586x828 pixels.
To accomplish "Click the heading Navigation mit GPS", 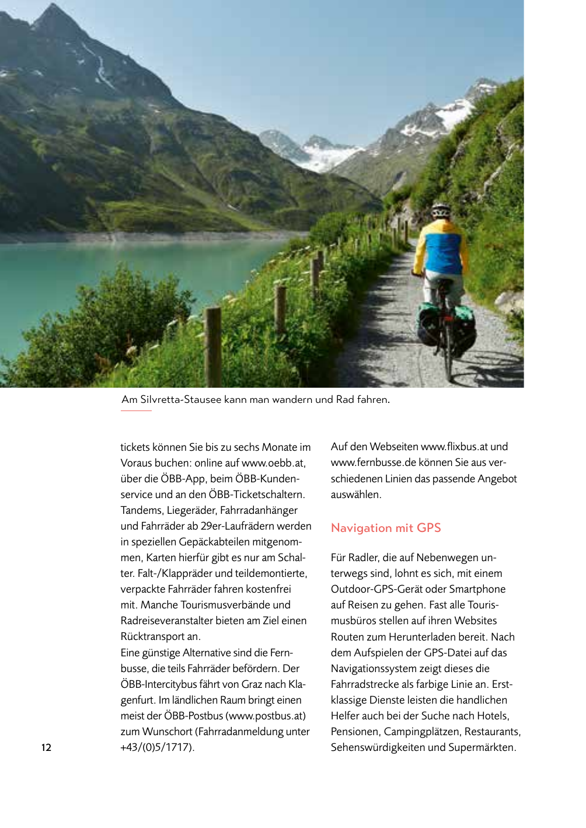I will (x=386, y=528).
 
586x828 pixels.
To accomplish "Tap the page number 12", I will (x=46, y=747).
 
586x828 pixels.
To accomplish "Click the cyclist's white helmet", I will (x=441, y=210).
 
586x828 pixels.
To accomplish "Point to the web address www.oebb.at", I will (x=273, y=463).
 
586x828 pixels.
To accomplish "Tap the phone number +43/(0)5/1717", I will (x=156, y=747).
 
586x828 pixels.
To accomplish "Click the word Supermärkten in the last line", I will (x=482, y=747).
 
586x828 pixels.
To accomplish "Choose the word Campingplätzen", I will (x=422, y=732).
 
